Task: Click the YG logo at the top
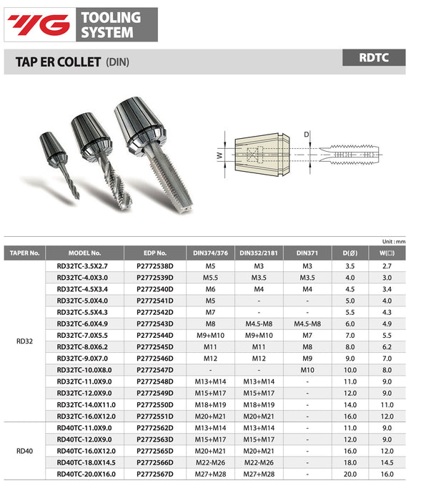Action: point(39,25)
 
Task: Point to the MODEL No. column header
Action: point(84,253)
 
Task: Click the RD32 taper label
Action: point(24,341)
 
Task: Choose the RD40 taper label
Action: point(24,451)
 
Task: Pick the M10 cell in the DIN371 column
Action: point(307,369)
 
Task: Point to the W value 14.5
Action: point(387,462)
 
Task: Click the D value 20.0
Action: point(350,474)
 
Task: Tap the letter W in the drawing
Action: point(221,155)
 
